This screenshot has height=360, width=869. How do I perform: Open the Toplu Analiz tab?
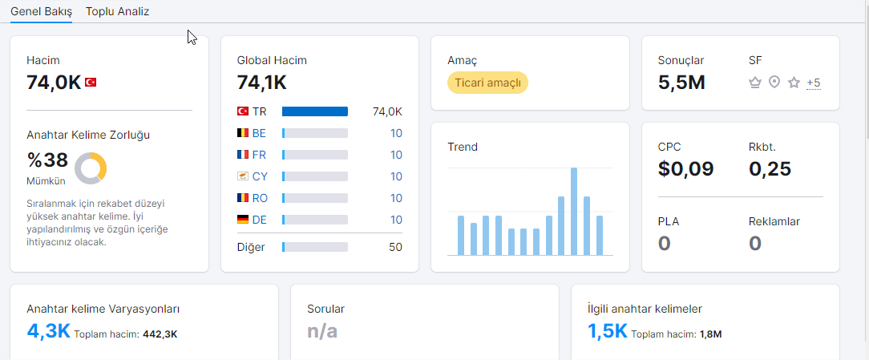117,11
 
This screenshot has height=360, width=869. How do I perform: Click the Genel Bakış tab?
42,11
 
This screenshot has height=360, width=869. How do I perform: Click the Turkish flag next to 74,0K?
91,83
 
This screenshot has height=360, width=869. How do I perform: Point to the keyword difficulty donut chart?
91,168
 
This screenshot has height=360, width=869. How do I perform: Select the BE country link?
259,133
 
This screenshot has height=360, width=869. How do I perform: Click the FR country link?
259,155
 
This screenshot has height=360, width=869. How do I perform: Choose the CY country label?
260,176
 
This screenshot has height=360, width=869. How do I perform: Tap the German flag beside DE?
243,220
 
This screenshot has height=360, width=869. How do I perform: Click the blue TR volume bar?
315,111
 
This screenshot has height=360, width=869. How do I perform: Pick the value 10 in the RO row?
396,198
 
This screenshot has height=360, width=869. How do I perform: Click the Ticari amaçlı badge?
487,83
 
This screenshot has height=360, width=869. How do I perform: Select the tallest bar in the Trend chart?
574,212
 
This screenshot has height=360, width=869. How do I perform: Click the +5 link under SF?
814,83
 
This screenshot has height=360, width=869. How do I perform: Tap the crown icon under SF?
754,83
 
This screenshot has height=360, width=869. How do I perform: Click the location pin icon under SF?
774,83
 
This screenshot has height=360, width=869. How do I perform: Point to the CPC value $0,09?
686,168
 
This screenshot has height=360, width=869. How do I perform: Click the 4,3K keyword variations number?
48,332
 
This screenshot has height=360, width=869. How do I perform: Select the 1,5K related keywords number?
608,332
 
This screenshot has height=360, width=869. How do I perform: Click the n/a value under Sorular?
322,332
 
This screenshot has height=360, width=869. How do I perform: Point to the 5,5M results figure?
681,83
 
